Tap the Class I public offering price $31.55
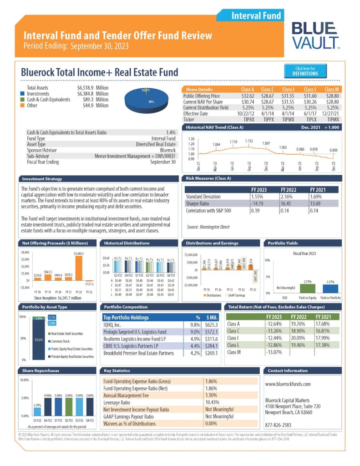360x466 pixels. [288, 96]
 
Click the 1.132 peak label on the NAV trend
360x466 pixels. [248, 141]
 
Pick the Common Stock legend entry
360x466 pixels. [64, 341]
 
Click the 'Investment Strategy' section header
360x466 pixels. [42, 179]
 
